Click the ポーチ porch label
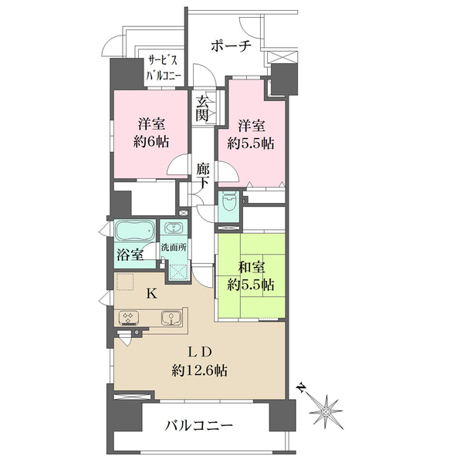click(231, 46)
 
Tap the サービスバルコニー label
click(164, 69)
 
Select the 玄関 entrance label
click(203, 109)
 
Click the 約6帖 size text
click(151, 142)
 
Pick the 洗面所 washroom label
click(174, 247)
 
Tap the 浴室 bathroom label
click(130, 255)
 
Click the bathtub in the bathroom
click(135, 230)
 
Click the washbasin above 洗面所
click(174, 228)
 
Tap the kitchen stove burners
click(129, 318)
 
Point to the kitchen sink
click(171, 318)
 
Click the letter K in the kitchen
click(152, 294)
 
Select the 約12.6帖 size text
click(199, 370)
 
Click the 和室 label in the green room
click(252, 268)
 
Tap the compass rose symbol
click(326, 411)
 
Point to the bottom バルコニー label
click(199, 426)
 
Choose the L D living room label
click(200, 352)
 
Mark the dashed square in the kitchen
click(126, 282)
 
